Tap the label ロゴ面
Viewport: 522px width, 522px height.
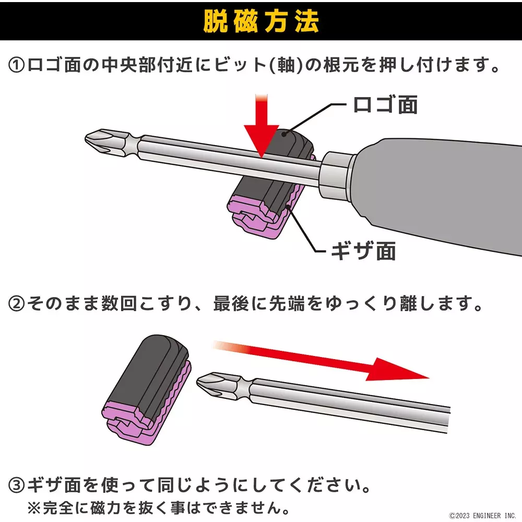[x=385, y=104]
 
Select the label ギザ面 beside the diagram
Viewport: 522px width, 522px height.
[x=363, y=251]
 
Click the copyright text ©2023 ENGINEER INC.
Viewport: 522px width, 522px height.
[x=482, y=515]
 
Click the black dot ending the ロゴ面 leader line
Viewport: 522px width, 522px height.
[x=284, y=134]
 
